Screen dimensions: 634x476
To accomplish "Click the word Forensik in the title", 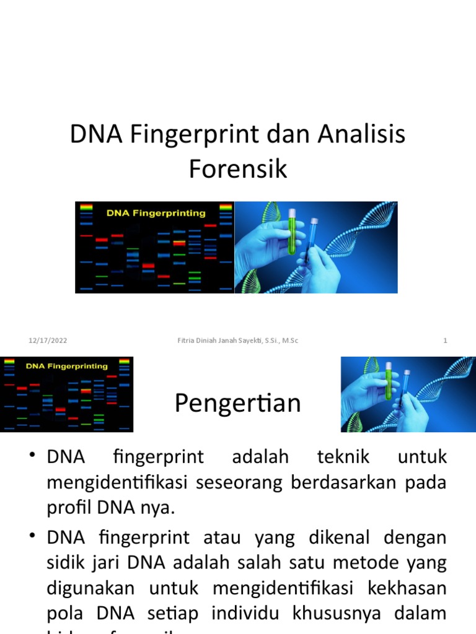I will (x=238, y=168).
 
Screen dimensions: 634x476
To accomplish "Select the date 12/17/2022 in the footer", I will (x=48, y=341).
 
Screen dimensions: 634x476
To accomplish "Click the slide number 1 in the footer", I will (x=445, y=341).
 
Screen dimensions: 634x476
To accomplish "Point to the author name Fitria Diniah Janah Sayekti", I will (x=209, y=341).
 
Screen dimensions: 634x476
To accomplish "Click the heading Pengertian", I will (x=237, y=403).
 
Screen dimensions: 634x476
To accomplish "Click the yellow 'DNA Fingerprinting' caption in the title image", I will (x=156, y=213).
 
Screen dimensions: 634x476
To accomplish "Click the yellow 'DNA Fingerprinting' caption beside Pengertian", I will (x=66, y=366).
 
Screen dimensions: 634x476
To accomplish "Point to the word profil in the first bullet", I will (x=68, y=508).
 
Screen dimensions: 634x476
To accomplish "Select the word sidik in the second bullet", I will (x=64, y=563).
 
